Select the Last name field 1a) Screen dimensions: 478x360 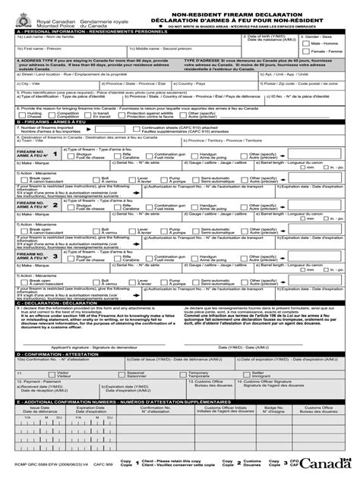click(84, 40)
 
